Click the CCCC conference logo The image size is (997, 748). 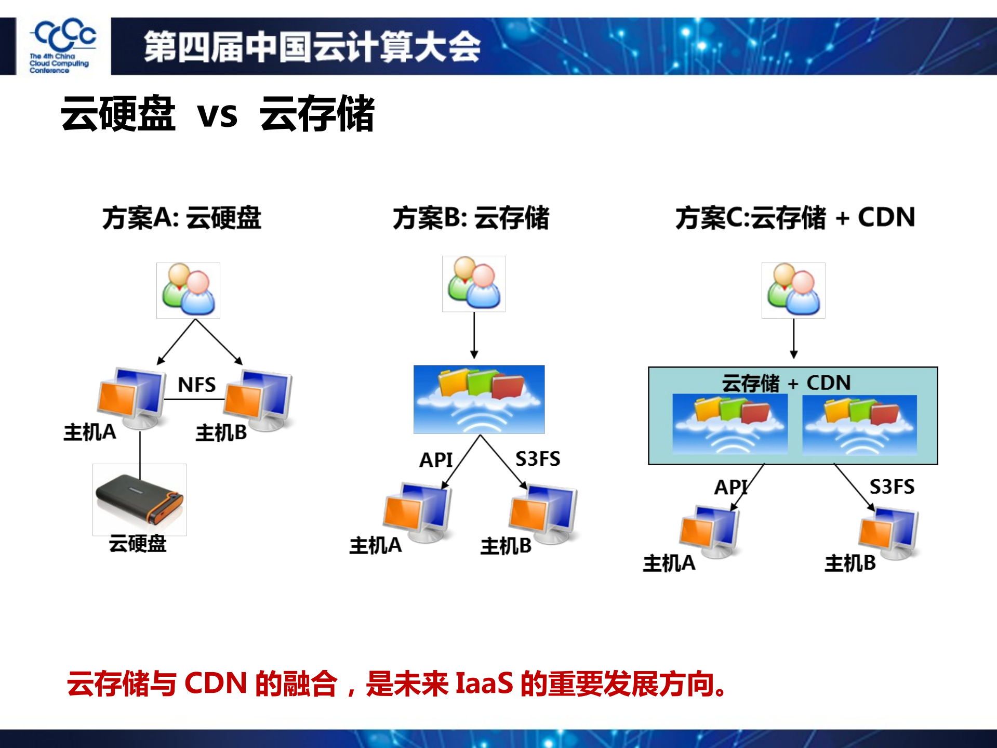62,46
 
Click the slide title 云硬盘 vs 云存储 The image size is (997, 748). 217,114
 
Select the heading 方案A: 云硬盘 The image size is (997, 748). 181,218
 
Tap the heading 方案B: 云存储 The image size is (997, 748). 471,218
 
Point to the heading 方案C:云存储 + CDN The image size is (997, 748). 795,217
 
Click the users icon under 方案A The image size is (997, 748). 188,290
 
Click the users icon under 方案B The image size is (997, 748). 473,284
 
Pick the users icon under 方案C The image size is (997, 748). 793,290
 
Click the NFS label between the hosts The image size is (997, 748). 196,385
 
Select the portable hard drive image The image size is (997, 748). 139,500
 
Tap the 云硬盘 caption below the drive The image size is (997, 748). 138,544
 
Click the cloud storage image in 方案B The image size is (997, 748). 478,399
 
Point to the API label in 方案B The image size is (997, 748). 435,460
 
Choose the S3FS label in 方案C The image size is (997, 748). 892,487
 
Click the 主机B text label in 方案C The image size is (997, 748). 850,563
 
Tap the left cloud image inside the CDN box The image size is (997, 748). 729,424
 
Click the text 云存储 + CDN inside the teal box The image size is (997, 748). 786,383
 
